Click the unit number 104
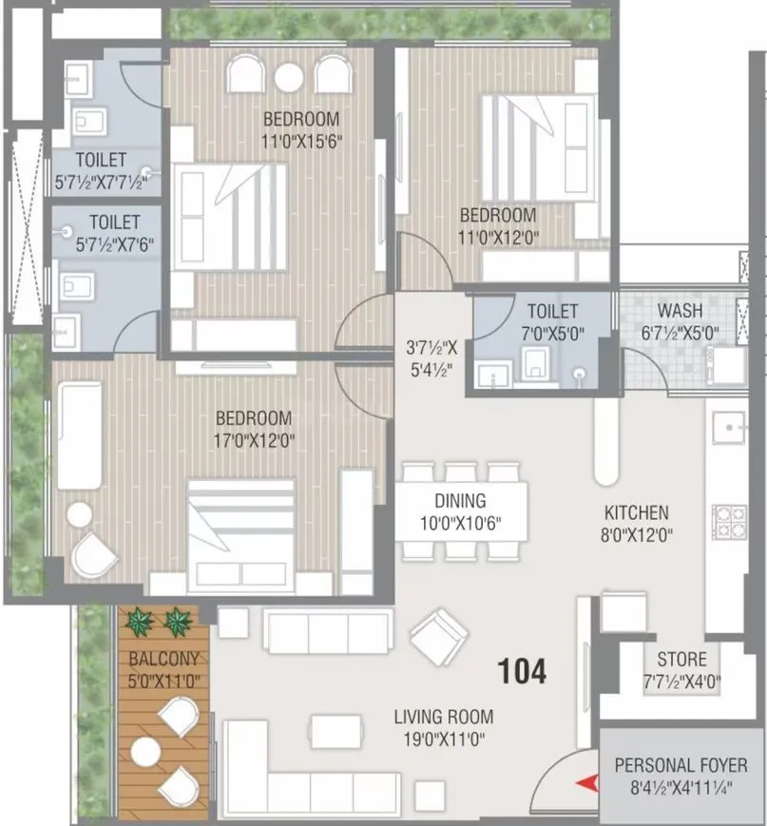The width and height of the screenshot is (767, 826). coord(523,672)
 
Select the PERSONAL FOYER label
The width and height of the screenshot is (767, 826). coord(680,765)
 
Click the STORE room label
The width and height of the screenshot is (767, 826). coord(681,659)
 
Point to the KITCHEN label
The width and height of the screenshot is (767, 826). coord(636,512)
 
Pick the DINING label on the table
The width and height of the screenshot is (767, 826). coord(460,501)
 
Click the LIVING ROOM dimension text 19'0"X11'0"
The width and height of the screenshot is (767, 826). coord(447,739)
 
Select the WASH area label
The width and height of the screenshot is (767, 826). coord(681,311)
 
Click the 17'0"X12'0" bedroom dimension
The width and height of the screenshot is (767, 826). coord(253,440)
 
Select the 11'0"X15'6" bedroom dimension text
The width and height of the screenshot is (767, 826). coord(301,142)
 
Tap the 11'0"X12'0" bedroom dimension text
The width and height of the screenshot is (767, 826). coord(498,237)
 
